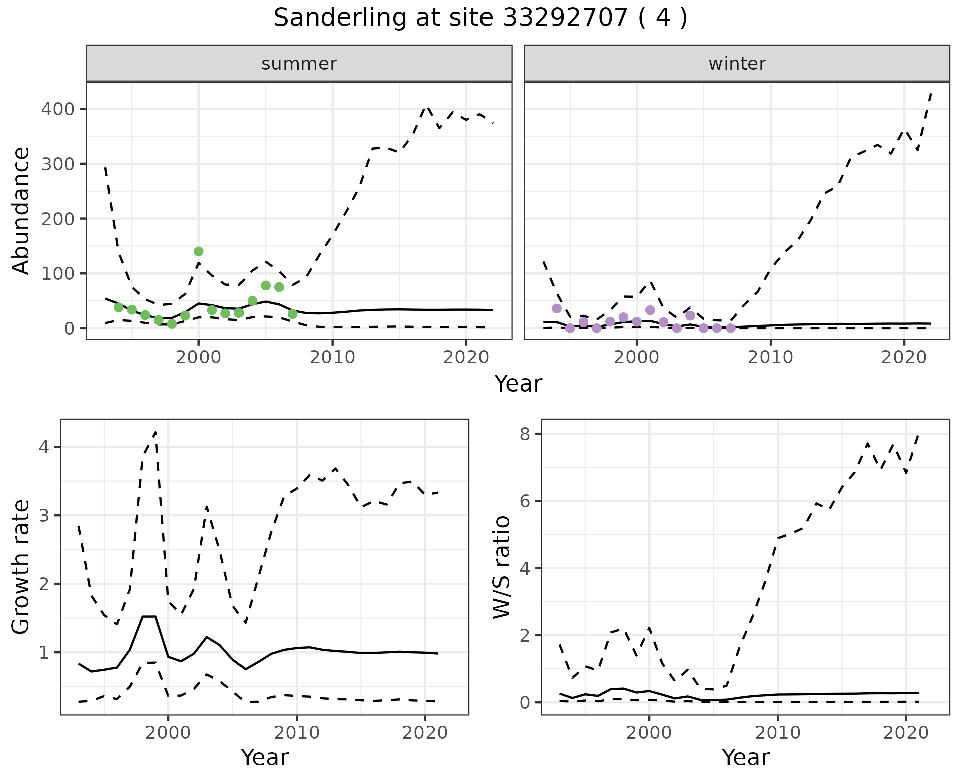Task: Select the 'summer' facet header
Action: pos(299,64)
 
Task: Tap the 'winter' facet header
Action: pos(737,64)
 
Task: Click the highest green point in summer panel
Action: pos(198,251)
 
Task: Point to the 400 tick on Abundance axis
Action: pos(57,109)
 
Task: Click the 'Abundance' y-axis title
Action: pos(21,210)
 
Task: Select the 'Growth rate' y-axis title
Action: pos(21,567)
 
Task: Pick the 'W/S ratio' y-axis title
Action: pos(501,567)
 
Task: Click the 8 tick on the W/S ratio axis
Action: pos(525,434)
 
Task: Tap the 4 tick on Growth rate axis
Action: pos(44,447)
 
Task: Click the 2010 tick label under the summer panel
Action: pos(332,357)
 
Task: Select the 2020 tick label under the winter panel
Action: pos(904,357)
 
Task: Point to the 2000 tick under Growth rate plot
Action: pos(168,733)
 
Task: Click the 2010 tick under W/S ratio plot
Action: pos(778,733)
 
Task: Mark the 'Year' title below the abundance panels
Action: pos(518,384)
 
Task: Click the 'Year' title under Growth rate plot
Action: pos(265,758)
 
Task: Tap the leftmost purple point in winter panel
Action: pos(556,308)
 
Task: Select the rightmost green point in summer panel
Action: pos(292,314)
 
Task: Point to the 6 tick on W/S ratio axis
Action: pos(525,501)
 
